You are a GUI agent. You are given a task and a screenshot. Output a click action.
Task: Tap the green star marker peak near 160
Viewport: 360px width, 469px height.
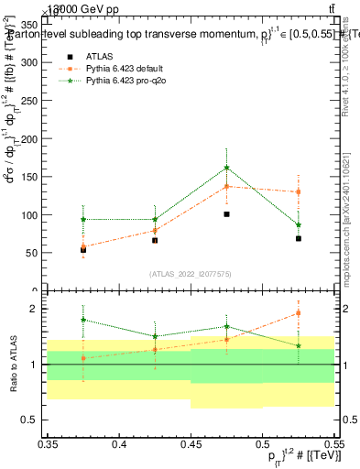coord(226,168)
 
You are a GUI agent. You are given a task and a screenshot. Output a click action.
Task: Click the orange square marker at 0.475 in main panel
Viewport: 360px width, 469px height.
coord(226,186)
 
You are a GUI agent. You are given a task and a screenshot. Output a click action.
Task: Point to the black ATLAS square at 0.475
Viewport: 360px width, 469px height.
coord(226,214)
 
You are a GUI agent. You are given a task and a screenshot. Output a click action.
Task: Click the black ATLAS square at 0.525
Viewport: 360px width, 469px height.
coord(299,238)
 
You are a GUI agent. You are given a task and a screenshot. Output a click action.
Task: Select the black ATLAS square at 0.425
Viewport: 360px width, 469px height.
coord(155,240)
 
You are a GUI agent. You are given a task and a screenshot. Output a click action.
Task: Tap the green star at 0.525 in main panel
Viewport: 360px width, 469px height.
coord(299,224)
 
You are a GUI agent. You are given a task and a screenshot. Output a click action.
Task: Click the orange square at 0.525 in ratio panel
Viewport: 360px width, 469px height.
coord(299,313)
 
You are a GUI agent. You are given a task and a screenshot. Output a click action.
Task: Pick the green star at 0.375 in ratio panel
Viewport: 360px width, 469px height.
coord(83,320)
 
